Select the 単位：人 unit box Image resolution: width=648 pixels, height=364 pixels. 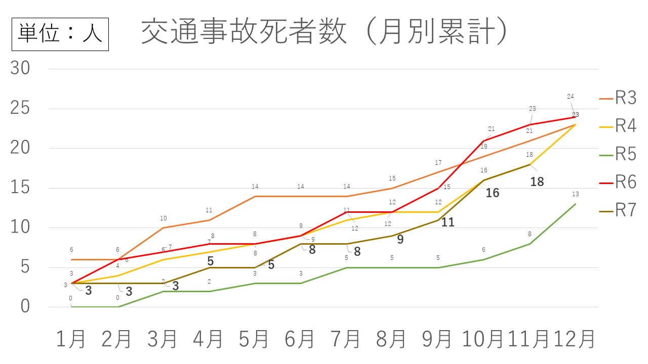(60, 34)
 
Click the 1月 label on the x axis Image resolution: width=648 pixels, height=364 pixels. (70, 339)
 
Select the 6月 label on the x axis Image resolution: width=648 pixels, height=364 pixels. (300, 339)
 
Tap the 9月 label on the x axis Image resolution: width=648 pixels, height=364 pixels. (437, 339)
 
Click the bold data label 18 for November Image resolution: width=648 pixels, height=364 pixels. (537, 182)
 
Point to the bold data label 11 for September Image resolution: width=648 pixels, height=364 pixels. (448, 222)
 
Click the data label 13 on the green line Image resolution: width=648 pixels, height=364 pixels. (575, 194)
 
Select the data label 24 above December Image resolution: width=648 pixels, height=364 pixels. (570, 97)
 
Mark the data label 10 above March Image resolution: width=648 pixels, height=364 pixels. (164, 218)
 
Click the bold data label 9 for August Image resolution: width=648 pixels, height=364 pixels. (400, 240)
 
